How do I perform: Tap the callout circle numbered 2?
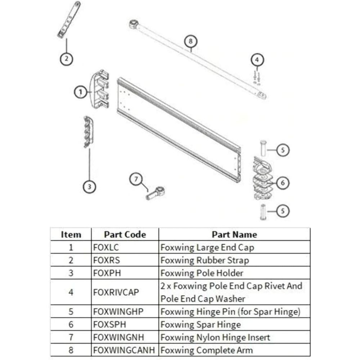(67, 58)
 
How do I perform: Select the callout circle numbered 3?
(89, 186)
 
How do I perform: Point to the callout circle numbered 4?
(257, 60)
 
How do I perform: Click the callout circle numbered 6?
(283, 183)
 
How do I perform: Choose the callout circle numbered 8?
(191, 41)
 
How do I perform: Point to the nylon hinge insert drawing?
(155, 193)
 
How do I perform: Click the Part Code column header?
(125, 235)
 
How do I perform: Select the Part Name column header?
(234, 235)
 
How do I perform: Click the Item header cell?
(71, 235)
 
